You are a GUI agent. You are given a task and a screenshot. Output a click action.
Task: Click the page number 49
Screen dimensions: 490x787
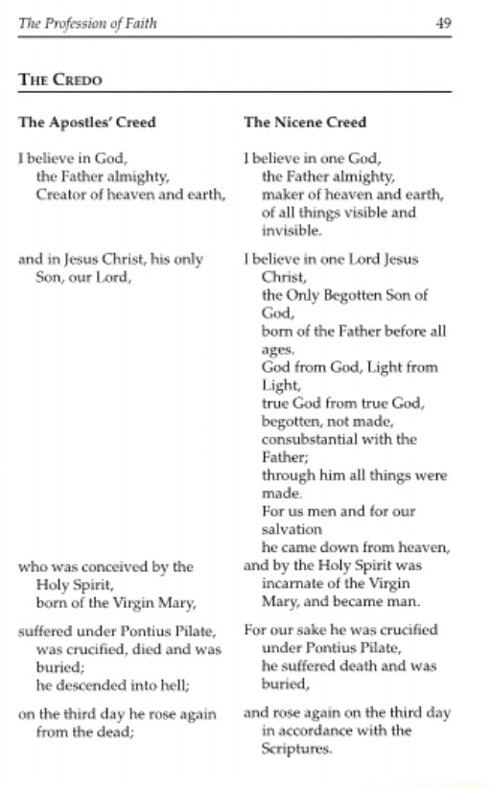pyautogui.click(x=443, y=23)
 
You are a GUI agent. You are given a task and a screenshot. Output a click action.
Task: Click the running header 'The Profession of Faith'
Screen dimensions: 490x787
pyautogui.click(x=86, y=23)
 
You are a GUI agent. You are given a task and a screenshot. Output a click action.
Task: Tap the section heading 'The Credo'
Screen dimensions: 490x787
pyautogui.click(x=59, y=80)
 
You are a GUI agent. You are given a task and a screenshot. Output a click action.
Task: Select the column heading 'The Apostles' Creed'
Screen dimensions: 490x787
pyautogui.click(x=86, y=123)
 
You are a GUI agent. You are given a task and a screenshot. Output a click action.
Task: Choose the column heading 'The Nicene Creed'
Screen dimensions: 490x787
pyautogui.click(x=305, y=123)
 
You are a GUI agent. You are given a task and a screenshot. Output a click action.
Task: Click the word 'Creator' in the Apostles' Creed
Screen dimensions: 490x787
pyautogui.click(x=60, y=195)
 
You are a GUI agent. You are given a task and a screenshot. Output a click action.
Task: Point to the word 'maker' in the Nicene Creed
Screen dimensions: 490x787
pyautogui.click(x=280, y=195)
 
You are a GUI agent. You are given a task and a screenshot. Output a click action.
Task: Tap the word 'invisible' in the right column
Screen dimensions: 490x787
pyautogui.click(x=291, y=231)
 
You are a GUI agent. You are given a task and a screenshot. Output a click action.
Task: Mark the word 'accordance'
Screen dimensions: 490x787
pyautogui.click(x=317, y=731)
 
